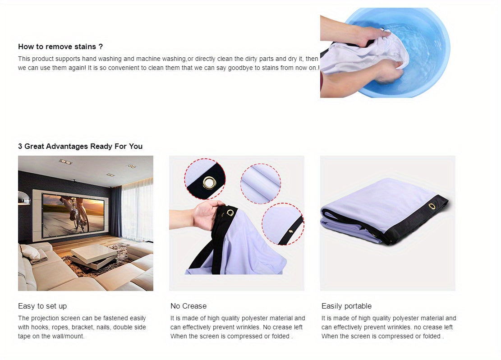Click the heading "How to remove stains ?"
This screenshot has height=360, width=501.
point(60,46)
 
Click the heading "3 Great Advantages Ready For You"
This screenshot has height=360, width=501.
point(80,147)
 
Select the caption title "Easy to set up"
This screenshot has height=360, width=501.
point(42,306)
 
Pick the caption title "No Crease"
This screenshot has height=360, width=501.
point(188,306)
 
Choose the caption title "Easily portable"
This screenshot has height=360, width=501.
point(347,306)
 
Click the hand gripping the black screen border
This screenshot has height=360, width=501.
point(208,214)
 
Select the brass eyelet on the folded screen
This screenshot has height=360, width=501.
point(432,206)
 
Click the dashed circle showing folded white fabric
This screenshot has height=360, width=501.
point(261,184)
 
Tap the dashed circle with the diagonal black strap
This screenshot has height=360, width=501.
point(283,224)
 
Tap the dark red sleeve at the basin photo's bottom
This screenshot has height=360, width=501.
point(322,85)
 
